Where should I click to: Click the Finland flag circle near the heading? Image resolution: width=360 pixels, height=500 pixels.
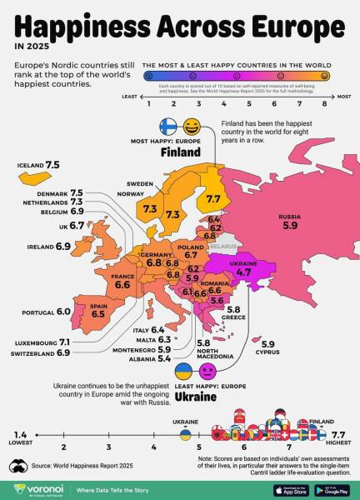168,127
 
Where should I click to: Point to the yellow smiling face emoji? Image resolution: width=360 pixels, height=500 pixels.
192,127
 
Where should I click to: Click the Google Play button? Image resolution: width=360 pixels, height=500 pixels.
331,490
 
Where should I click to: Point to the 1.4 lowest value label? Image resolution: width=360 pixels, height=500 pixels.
21,434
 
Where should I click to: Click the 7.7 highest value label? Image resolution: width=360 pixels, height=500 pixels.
337,434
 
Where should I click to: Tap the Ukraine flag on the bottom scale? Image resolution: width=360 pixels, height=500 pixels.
185,434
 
